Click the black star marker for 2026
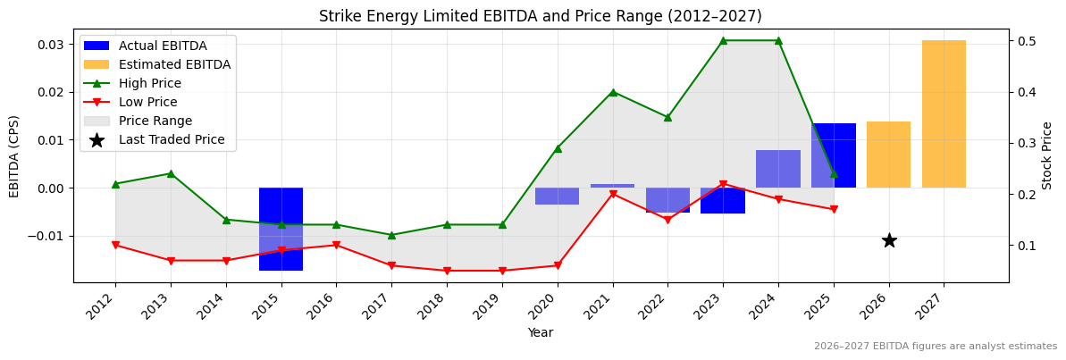click(889, 240)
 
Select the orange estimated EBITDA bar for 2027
click(944, 113)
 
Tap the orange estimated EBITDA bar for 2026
click(888, 155)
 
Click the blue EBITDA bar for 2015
click(281, 229)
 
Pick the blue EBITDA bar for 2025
click(834, 155)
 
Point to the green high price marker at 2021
click(613, 92)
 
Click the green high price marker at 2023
click(723, 40)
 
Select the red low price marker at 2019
click(502, 271)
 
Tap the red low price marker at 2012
click(115, 245)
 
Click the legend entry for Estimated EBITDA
click(174, 64)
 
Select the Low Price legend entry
click(147, 102)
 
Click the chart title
click(541, 16)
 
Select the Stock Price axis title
click(1047, 155)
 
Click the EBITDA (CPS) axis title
click(14, 155)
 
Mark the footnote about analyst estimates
click(935, 347)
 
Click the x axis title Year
click(541, 333)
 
